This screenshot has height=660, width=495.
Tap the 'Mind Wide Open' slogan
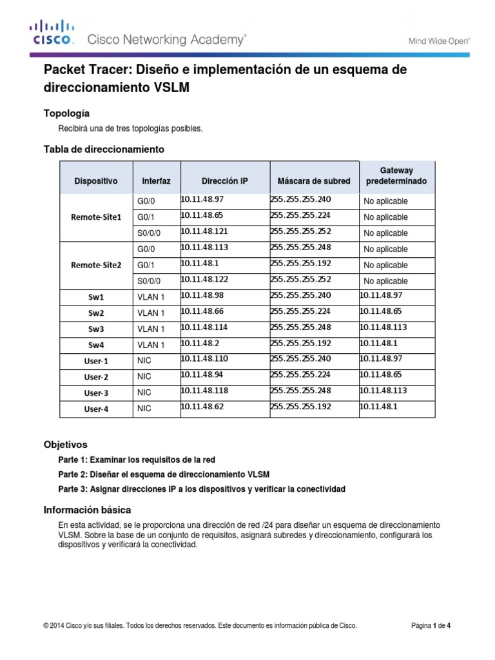tap(440, 41)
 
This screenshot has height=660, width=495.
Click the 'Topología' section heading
tap(71, 113)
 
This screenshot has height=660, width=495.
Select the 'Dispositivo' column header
tap(95, 181)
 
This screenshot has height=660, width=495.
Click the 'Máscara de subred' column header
tap(314, 181)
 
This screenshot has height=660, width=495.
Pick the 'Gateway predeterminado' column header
tap(396, 176)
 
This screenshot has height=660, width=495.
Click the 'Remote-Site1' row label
tap(95, 217)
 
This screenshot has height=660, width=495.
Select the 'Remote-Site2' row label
tap(95, 265)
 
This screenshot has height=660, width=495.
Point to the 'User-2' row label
tap(95, 376)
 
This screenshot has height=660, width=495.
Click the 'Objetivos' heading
tap(65, 445)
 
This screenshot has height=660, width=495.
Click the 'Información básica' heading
tap(87, 509)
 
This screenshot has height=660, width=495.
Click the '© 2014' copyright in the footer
tap(55, 625)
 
